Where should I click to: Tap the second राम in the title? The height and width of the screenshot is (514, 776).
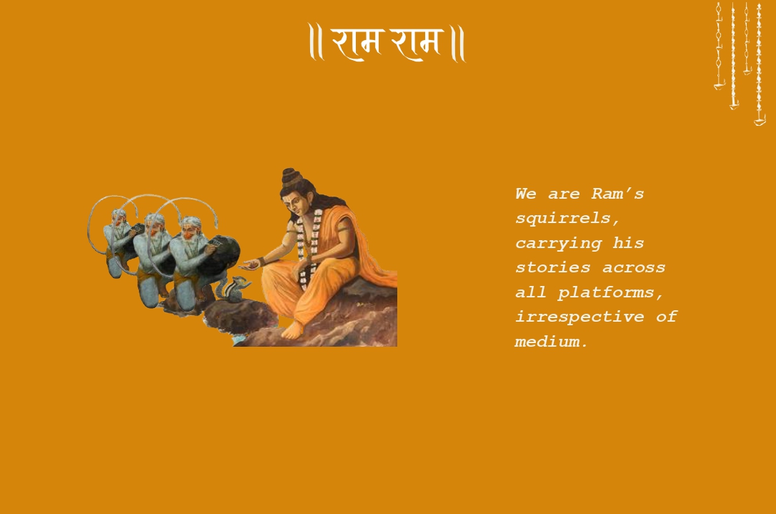pos(417,42)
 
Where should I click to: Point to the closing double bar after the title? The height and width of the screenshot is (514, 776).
pos(458,44)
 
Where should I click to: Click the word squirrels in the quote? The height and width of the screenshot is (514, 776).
pos(567,218)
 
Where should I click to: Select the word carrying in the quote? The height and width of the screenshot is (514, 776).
pos(558,243)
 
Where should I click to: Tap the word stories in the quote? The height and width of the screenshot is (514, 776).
pos(553,267)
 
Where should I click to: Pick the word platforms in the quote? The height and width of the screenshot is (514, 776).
pos(611,292)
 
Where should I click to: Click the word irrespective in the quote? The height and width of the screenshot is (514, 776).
pos(579,317)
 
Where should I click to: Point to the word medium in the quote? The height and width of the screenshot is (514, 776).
pos(551,342)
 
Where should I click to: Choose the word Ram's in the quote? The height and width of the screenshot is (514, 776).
pos(617,194)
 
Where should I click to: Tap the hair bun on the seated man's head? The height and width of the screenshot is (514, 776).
pos(291,177)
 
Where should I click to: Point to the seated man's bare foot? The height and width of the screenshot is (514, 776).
pos(294,330)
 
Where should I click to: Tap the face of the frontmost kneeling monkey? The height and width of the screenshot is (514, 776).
pos(189,229)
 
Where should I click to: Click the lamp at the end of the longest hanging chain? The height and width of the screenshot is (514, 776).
pos(760,120)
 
